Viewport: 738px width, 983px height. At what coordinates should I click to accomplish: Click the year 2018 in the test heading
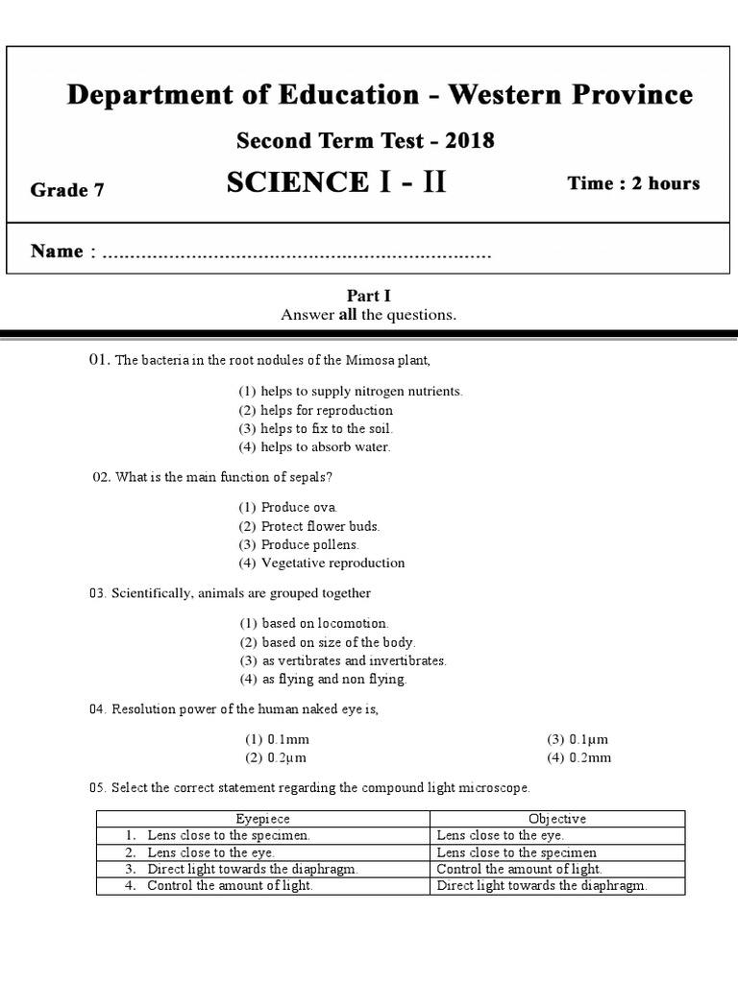pyautogui.click(x=469, y=141)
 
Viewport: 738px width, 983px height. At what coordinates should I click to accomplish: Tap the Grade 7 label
pyautogui.click(x=67, y=190)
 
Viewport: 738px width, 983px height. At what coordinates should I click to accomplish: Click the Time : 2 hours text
pyautogui.click(x=633, y=183)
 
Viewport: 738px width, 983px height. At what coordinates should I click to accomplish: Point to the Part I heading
pyautogui.click(x=368, y=297)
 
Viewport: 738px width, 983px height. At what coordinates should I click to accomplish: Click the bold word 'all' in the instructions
pyautogui.click(x=347, y=315)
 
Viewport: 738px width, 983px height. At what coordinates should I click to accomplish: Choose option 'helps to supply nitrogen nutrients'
pyautogui.click(x=351, y=392)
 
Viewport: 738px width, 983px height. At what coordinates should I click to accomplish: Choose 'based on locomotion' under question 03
pyautogui.click(x=313, y=623)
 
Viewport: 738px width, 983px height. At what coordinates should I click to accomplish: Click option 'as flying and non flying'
pyautogui.click(x=323, y=679)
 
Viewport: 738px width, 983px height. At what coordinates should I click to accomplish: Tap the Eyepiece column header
pyautogui.click(x=262, y=819)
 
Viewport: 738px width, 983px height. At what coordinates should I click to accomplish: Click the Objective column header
pyautogui.click(x=557, y=819)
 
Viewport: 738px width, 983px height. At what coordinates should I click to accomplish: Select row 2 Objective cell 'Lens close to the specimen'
pyautogui.click(x=516, y=852)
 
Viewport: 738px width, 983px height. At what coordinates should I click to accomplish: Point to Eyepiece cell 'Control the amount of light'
pyautogui.click(x=230, y=886)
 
